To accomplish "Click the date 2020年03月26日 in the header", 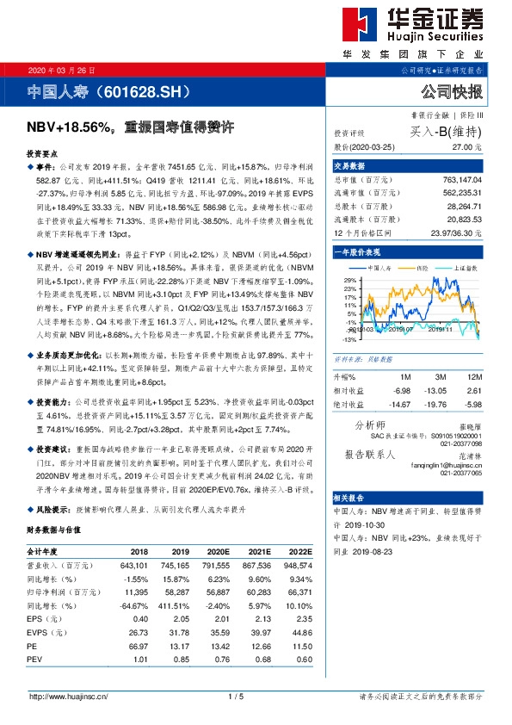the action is [x=62, y=70].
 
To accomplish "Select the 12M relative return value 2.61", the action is [x=472, y=390].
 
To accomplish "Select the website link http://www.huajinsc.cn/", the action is [x=69, y=696].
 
